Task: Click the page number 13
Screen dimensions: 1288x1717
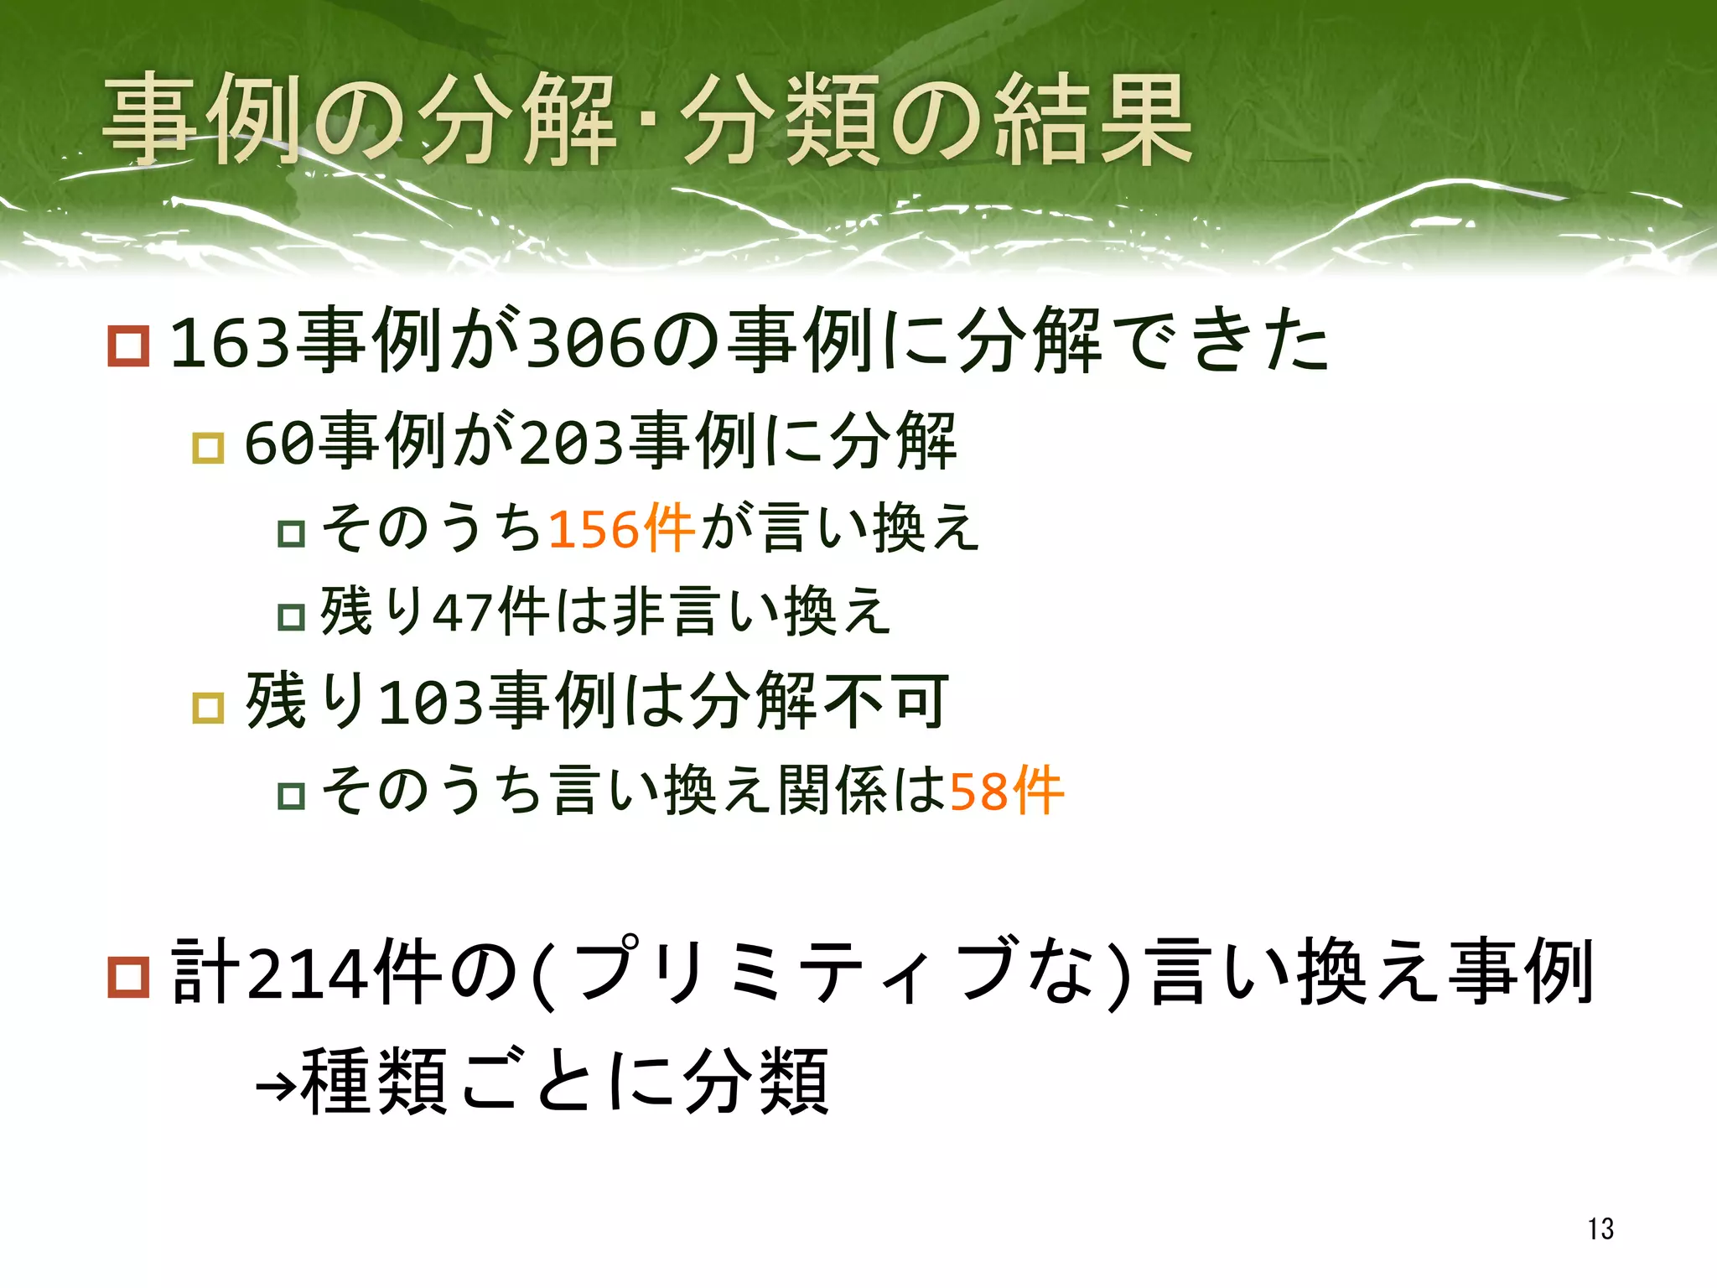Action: click(x=1600, y=1228)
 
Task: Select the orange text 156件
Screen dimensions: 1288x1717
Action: click(x=621, y=529)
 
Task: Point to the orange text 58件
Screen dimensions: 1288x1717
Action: click(x=1006, y=791)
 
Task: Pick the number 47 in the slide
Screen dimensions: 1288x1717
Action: click(x=462, y=613)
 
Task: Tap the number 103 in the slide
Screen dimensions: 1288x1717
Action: click(x=431, y=703)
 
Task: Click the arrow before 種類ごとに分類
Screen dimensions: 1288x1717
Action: click(x=276, y=1087)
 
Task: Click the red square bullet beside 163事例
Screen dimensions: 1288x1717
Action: click(x=128, y=346)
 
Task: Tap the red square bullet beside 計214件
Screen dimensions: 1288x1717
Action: click(x=128, y=976)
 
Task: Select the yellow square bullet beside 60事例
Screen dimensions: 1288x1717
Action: click(x=208, y=448)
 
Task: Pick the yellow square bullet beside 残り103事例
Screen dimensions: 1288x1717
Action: click(x=208, y=708)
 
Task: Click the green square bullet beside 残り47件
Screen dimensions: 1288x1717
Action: click(x=291, y=617)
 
